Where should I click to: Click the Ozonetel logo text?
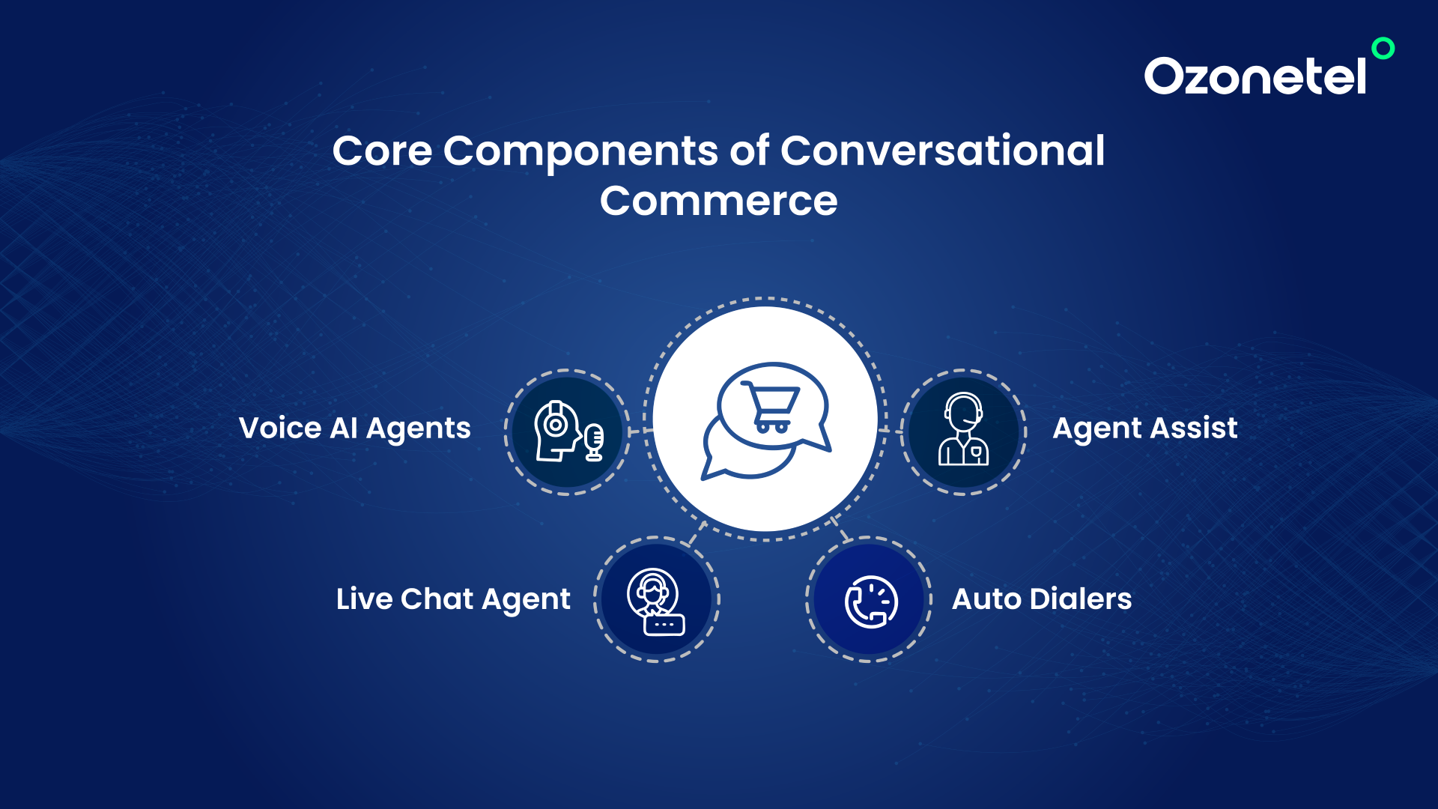pyautogui.click(x=1255, y=76)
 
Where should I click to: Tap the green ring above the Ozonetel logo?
pyautogui.click(x=1383, y=48)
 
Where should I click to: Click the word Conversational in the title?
pyautogui.click(x=942, y=151)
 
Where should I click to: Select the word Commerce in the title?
pyautogui.click(x=718, y=201)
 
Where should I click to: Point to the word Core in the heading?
pyautogui.click(x=382, y=151)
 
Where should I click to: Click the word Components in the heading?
pyautogui.click(x=580, y=152)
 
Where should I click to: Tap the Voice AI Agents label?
pyautogui.click(x=354, y=428)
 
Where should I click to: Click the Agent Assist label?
pyautogui.click(x=1145, y=428)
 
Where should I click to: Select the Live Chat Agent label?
pyautogui.click(x=453, y=599)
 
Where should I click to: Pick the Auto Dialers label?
pyautogui.click(x=1042, y=599)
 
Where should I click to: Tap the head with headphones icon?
pyautogui.click(x=556, y=431)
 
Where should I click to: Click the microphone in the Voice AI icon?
pyautogui.click(x=594, y=442)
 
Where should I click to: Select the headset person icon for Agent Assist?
pyautogui.click(x=963, y=429)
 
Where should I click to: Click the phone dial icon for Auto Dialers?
pyautogui.click(x=871, y=602)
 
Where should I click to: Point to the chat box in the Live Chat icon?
pyautogui.click(x=664, y=625)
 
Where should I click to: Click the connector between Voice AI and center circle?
pyautogui.click(x=641, y=431)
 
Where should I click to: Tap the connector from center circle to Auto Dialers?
pyautogui.click(x=840, y=529)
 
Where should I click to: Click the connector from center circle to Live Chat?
pyautogui.click(x=697, y=533)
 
